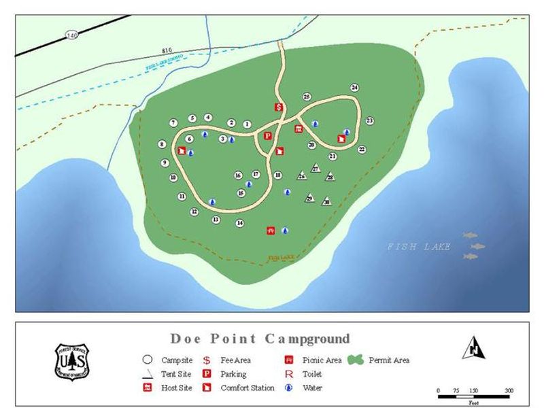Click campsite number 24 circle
(354, 88)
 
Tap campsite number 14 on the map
(240, 223)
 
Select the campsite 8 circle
(162, 144)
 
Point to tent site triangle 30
(326, 201)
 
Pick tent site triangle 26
(301, 176)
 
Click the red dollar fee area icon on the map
(279, 107)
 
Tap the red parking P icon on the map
(267, 135)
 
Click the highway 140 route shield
(71, 34)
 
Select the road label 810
(167, 50)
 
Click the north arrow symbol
(473, 347)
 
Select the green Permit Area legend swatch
(356, 360)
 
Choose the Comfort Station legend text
(248, 388)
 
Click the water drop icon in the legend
(289, 388)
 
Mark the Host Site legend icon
(146, 388)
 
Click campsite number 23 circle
(370, 121)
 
